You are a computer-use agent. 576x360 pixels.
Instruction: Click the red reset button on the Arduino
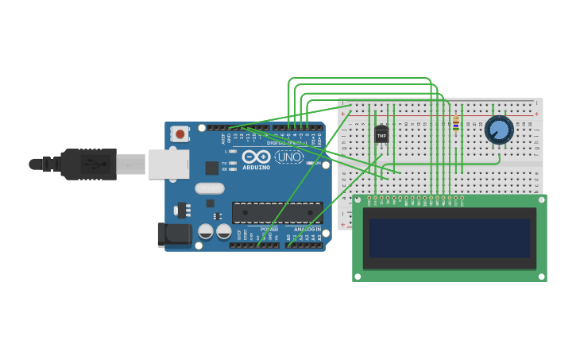(x=180, y=134)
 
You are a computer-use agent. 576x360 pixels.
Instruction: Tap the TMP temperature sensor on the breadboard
(x=381, y=135)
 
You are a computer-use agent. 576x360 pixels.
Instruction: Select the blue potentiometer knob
(x=499, y=130)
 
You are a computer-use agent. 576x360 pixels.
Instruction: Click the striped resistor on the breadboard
(x=455, y=122)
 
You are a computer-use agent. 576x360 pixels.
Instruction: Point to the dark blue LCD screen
(x=449, y=238)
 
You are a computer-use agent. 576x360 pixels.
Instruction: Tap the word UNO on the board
(x=288, y=157)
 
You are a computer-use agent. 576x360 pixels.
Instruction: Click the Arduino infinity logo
(x=256, y=157)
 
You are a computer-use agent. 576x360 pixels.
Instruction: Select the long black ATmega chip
(x=277, y=212)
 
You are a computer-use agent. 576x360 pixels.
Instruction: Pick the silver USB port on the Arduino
(x=169, y=165)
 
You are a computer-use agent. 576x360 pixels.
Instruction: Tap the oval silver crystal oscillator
(x=209, y=188)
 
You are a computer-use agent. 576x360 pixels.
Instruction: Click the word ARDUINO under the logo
(x=256, y=168)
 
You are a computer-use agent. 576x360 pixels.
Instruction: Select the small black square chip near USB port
(x=212, y=168)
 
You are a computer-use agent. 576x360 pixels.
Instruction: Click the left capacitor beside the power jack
(x=206, y=231)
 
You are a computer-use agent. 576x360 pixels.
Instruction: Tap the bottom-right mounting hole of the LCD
(x=542, y=277)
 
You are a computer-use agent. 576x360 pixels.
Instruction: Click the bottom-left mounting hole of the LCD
(x=358, y=277)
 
